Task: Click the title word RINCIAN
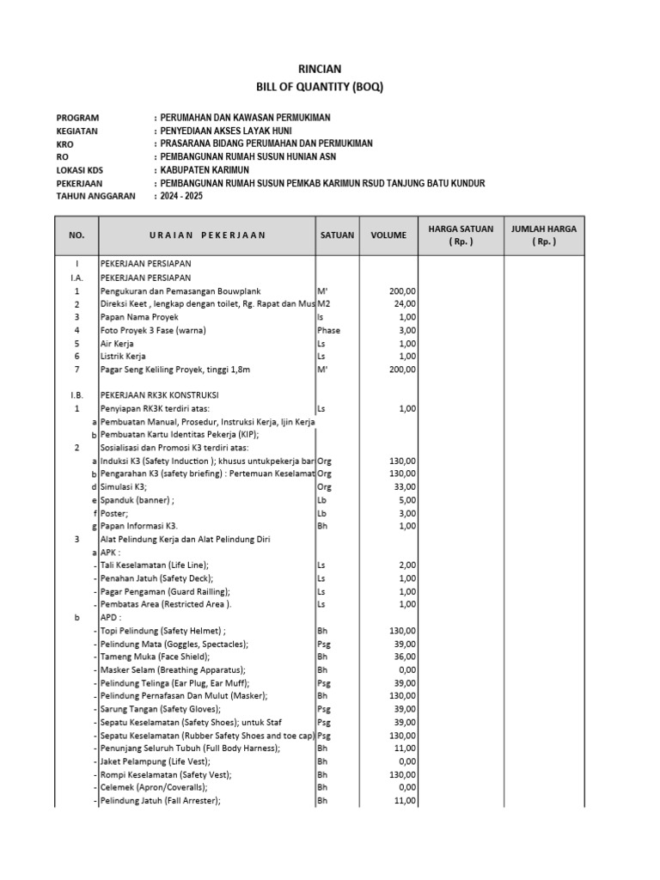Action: point(320,69)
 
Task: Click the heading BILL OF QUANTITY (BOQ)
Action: point(320,87)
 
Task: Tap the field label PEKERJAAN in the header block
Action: point(79,183)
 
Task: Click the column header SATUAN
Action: point(337,235)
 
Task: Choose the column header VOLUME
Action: point(388,235)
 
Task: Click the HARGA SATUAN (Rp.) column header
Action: point(460,235)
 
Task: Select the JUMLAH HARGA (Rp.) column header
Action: point(543,235)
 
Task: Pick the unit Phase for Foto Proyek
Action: point(329,330)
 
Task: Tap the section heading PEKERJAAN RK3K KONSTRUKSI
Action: point(163,395)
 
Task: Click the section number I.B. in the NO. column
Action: point(76,395)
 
